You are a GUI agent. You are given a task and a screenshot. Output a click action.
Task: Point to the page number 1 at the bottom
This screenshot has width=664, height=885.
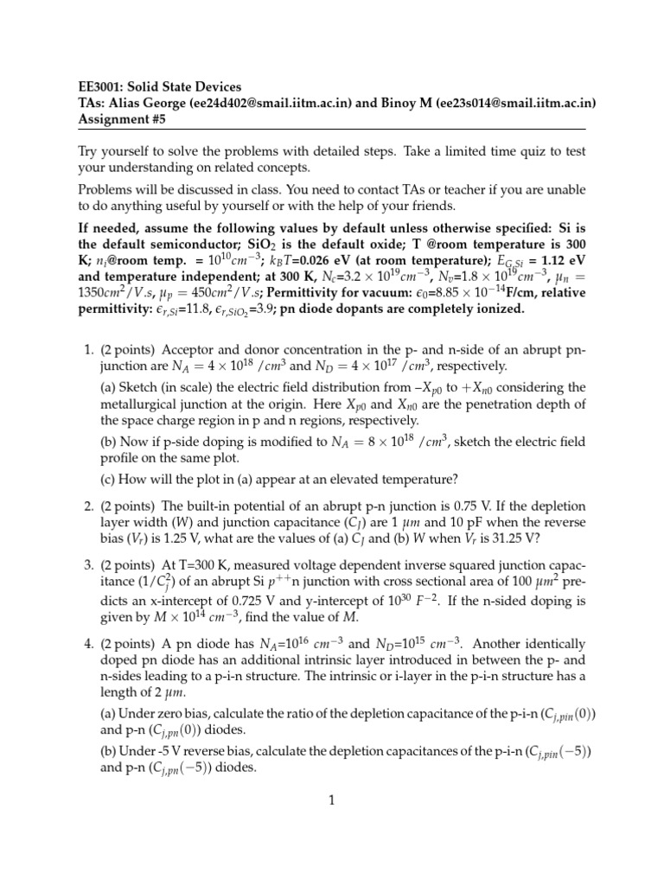(331, 801)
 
